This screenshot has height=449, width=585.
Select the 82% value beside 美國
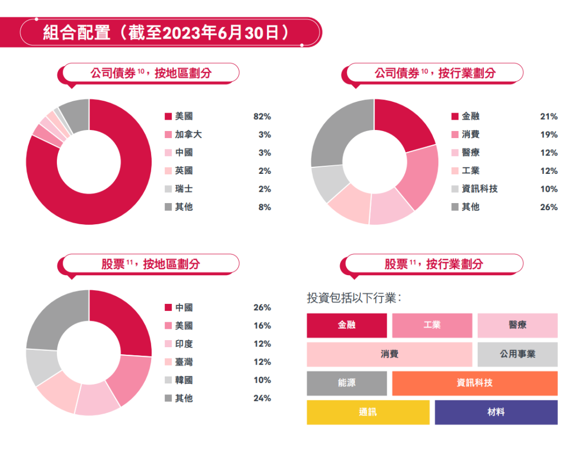point(262,116)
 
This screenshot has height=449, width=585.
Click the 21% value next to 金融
point(549,116)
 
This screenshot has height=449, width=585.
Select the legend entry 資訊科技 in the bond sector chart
point(479,189)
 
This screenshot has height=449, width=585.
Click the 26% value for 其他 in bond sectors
point(549,207)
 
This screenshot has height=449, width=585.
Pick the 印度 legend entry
point(184,344)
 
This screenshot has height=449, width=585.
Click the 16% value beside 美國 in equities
point(262,326)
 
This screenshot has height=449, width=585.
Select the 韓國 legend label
point(184,380)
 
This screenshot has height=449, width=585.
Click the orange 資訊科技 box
point(474,383)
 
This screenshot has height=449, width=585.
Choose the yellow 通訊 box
point(368,412)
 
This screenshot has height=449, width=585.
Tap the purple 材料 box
point(496,412)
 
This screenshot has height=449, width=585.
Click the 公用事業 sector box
point(517,354)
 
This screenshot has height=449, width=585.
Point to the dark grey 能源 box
point(347,383)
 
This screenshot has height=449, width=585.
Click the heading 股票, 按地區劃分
point(151,264)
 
